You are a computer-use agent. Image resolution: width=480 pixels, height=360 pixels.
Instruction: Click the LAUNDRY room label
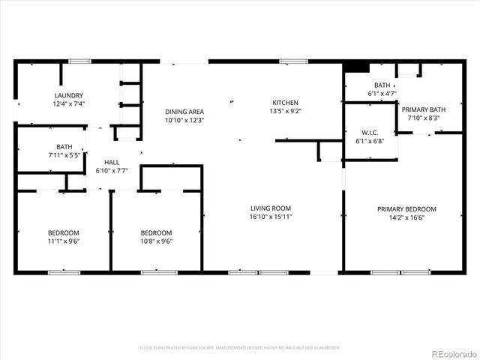click(x=68, y=95)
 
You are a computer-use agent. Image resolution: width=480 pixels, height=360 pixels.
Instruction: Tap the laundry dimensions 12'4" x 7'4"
click(x=68, y=103)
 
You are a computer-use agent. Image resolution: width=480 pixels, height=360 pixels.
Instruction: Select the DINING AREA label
click(x=184, y=112)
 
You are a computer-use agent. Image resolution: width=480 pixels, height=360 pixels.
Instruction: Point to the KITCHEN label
click(x=285, y=103)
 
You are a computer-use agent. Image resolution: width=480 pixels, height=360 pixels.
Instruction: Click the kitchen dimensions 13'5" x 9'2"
click(x=285, y=111)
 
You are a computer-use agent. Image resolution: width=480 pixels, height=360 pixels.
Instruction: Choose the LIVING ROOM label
click(x=271, y=208)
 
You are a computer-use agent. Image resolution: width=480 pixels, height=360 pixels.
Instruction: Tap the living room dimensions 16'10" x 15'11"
click(x=271, y=217)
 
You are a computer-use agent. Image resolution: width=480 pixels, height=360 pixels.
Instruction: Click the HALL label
click(x=112, y=162)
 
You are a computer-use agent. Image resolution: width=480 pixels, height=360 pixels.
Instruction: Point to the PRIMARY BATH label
click(x=427, y=109)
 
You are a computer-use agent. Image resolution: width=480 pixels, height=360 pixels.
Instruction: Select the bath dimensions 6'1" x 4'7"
click(x=382, y=94)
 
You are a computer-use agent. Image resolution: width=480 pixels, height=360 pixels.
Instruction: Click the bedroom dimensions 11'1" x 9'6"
click(x=64, y=241)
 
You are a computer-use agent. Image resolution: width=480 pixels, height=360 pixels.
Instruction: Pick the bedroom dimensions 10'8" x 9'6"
click(x=157, y=241)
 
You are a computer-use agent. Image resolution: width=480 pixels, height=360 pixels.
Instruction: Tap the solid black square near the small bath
click(x=361, y=66)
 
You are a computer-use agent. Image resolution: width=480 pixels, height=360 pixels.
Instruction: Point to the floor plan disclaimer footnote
click(x=240, y=348)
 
